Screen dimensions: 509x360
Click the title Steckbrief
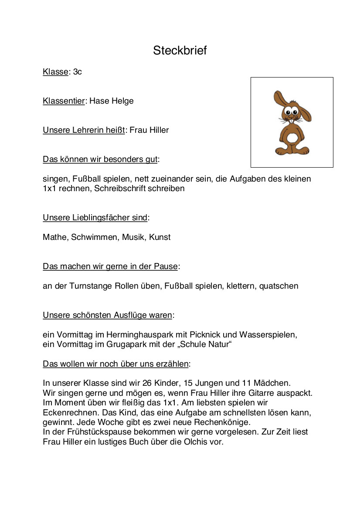coord(180,51)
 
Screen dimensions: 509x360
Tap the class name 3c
coord(77,72)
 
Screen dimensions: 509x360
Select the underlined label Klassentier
coord(63,101)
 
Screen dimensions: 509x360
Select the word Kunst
coord(160,237)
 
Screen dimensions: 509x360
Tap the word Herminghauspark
coord(153,335)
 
